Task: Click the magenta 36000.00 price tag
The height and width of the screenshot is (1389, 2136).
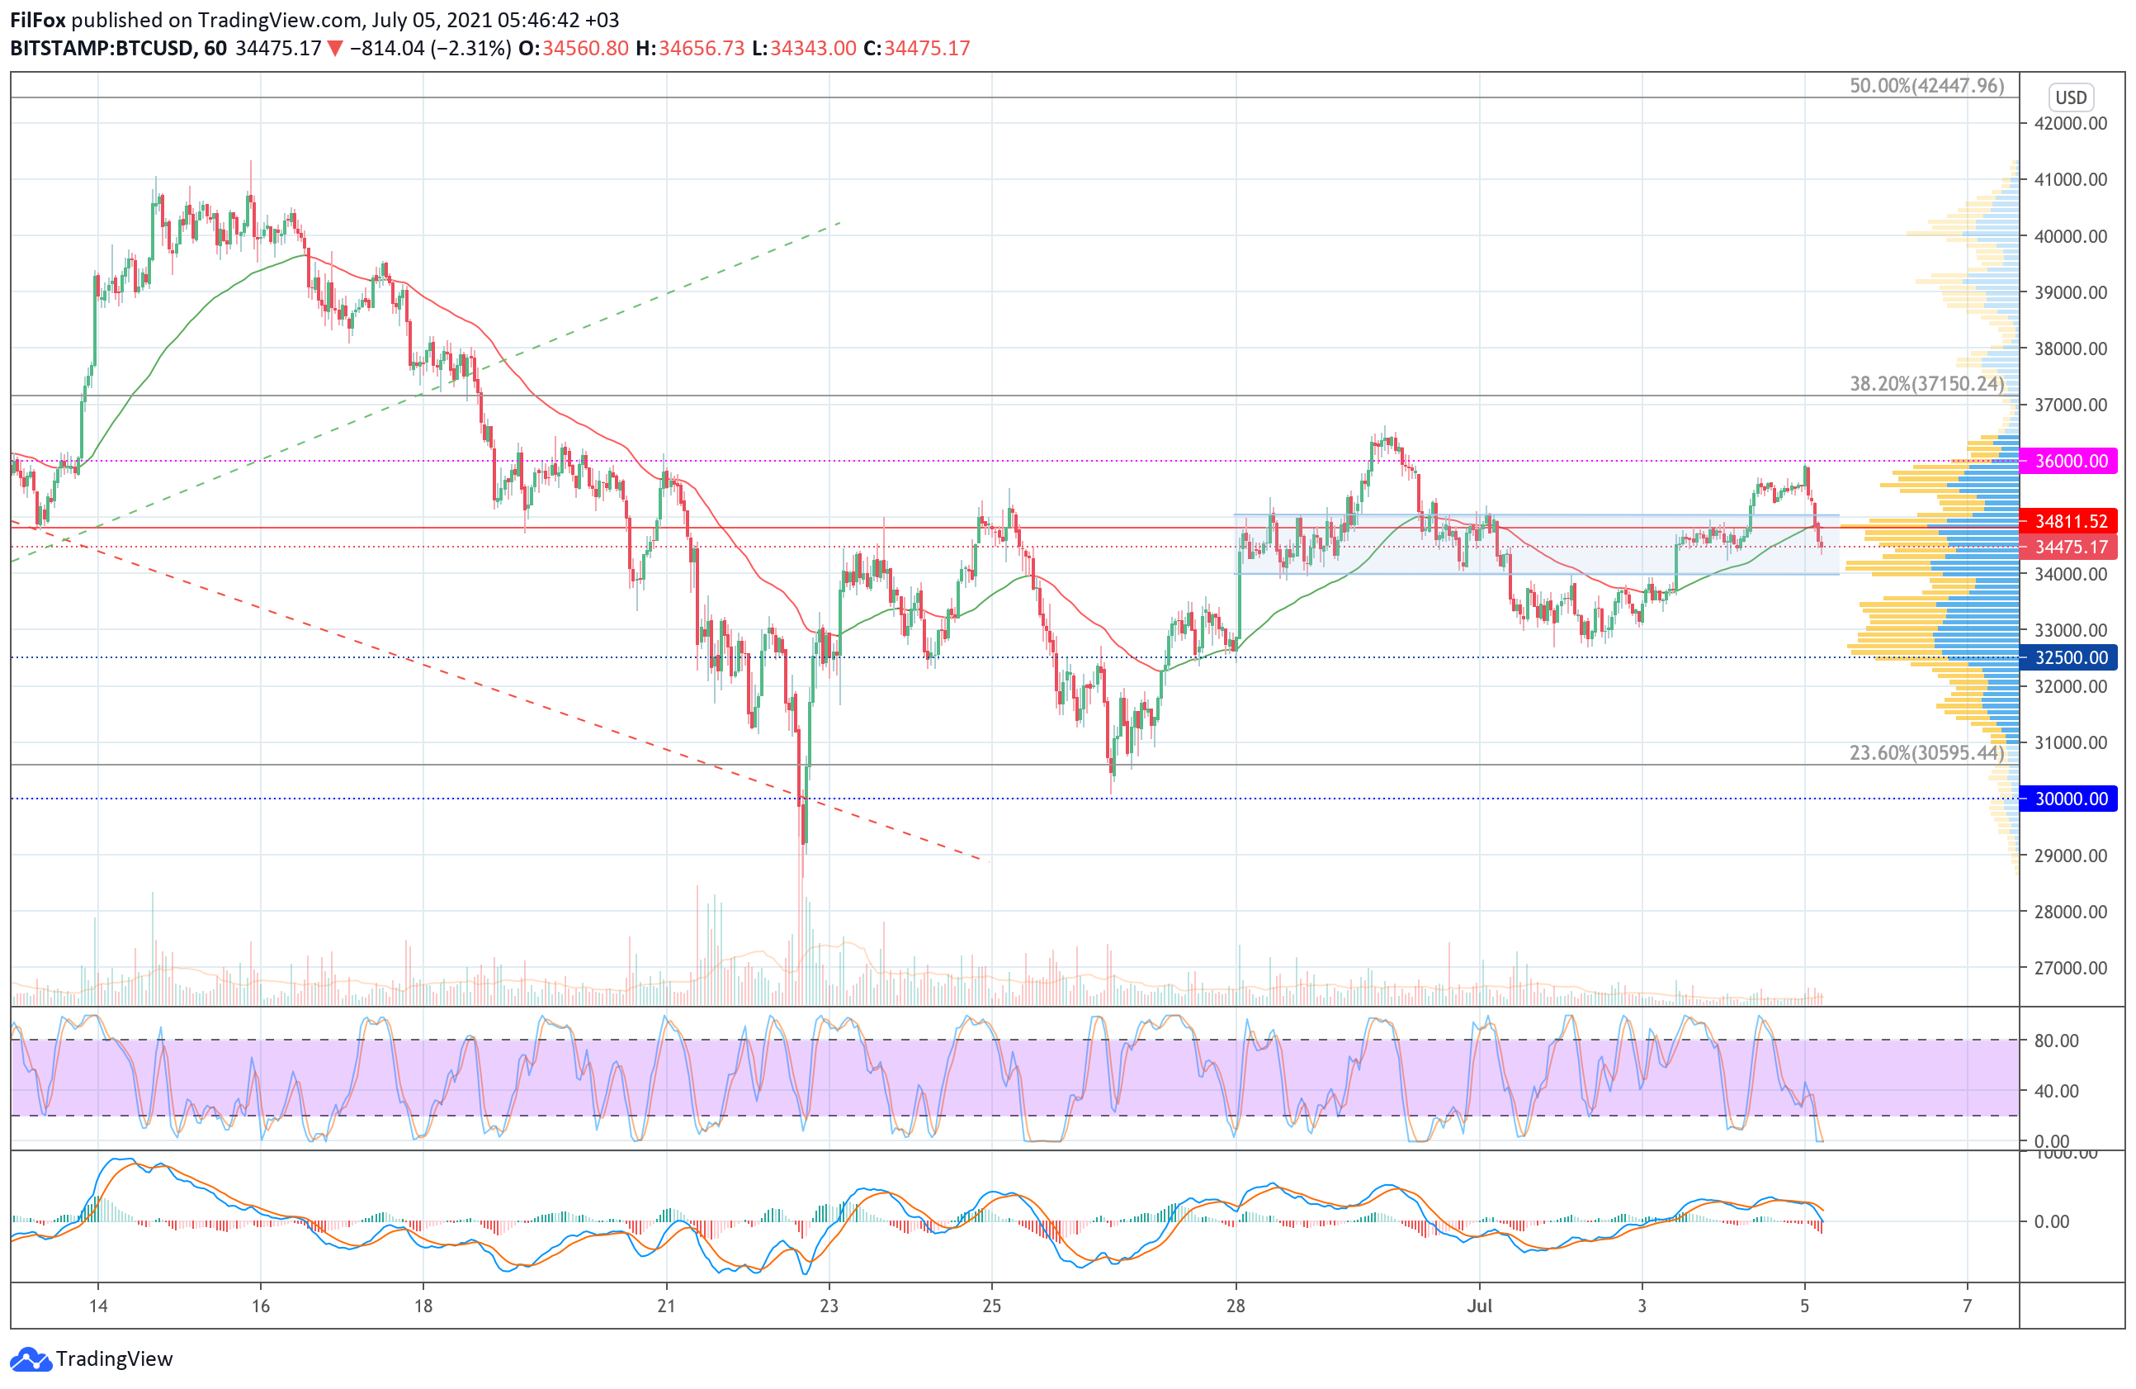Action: (x=2070, y=461)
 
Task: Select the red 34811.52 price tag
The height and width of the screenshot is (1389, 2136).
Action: (x=2070, y=521)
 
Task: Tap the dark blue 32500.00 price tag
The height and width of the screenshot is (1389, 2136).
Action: (x=2070, y=657)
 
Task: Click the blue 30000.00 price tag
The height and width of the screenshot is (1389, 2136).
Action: (x=2070, y=799)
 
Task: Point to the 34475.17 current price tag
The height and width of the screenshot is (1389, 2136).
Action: (x=2070, y=547)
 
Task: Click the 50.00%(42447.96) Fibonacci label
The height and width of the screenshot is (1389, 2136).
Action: (x=1926, y=85)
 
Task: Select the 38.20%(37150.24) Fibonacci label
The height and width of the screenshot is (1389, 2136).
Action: (x=1926, y=383)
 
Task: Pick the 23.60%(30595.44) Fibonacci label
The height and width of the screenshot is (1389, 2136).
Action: (x=1926, y=752)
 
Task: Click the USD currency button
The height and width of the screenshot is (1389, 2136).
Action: (x=2071, y=97)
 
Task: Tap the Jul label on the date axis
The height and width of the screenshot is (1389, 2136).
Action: (x=1479, y=1306)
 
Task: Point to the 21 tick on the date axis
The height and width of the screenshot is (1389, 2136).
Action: (x=666, y=1306)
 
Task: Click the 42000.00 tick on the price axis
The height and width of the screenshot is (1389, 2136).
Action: (x=2071, y=123)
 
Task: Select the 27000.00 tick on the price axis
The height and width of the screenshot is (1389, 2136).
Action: (x=2071, y=968)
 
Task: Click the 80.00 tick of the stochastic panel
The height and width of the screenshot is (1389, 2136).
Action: (x=2056, y=1041)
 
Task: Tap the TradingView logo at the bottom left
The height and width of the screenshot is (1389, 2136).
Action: (x=92, y=1358)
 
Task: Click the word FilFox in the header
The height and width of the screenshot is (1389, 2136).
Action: (x=38, y=20)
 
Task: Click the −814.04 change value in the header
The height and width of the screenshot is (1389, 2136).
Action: (x=387, y=49)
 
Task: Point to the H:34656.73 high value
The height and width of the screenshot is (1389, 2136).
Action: (x=690, y=49)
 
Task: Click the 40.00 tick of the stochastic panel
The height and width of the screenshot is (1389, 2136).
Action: (x=2056, y=1091)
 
